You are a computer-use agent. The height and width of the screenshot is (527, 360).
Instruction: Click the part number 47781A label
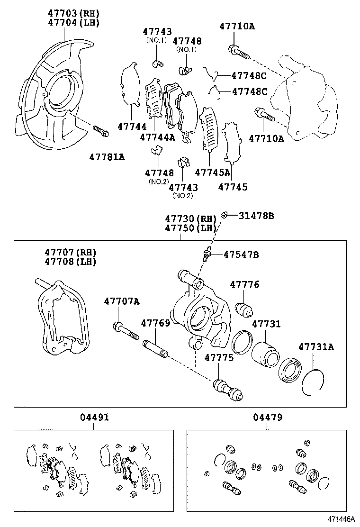(108, 157)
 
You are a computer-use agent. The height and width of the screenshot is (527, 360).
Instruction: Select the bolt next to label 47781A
(101, 130)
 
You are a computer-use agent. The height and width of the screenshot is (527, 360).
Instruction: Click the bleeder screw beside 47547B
(207, 254)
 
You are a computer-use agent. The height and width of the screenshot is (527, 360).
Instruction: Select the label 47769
(155, 323)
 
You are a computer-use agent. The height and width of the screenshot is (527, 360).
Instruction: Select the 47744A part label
(158, 137)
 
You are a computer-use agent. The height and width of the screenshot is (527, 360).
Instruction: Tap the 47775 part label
(219, 358)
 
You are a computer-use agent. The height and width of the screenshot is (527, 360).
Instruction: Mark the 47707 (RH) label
(71, 252)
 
